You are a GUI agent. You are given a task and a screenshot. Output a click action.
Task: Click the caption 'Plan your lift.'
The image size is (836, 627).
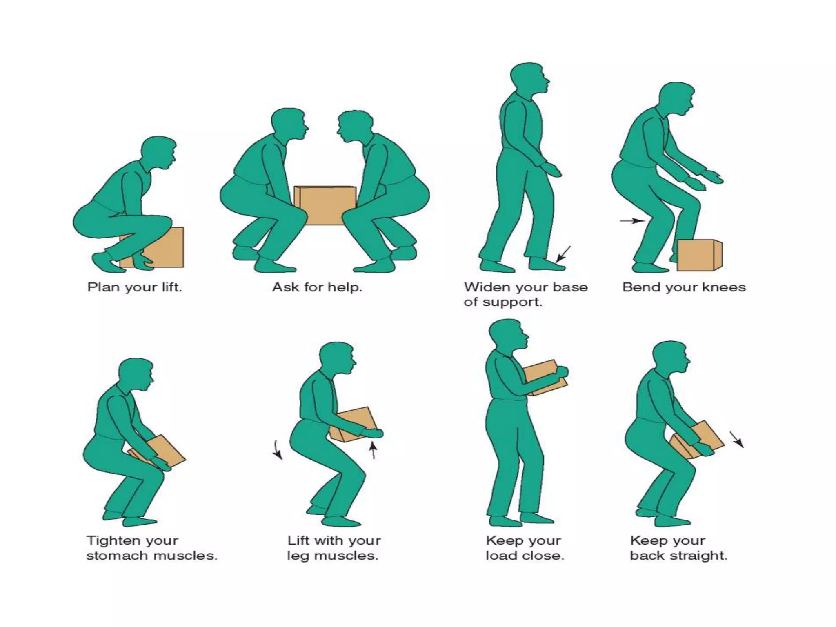click(134, 287)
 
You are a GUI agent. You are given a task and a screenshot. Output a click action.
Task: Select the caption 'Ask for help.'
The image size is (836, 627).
click(317, 287)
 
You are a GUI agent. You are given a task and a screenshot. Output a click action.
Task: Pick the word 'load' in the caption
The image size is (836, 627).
click(500, 556)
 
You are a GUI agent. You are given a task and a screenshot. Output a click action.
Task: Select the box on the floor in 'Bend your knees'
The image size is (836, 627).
click(698, 255)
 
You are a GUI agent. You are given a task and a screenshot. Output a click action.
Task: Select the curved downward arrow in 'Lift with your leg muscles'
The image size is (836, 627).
click(278, 450)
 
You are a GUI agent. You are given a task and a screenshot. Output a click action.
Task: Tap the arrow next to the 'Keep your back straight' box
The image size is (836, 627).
click(737, 440)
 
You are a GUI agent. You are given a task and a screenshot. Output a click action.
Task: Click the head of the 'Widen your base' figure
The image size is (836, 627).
click(529, 80)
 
